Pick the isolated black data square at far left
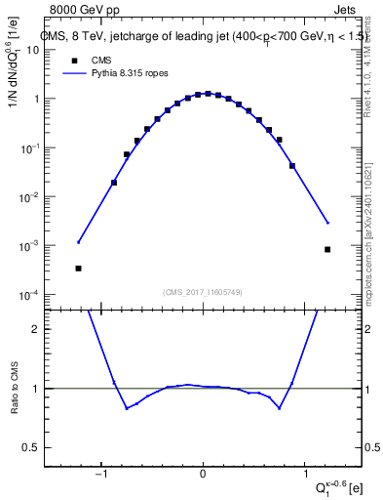click(x=78, y=269)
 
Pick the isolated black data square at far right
click(x=327, y=250)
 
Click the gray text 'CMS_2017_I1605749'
click(x=202, y=292)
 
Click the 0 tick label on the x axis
click(x=203, y=476)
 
